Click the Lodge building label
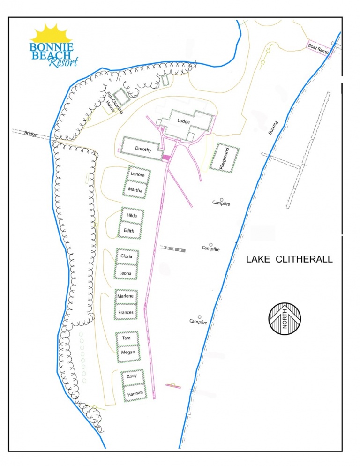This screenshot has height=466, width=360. (x=184, y=121)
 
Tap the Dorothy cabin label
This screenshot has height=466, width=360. (x=143, y=149)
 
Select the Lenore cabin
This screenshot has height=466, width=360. (x=137, y=174)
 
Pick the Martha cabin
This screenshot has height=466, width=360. (x=135, y=190)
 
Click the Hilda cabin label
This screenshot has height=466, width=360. (x=132, y=215)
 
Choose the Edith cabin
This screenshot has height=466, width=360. (x=129, y=231)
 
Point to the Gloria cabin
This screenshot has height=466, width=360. (x=127, y=256)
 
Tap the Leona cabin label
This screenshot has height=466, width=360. (x=125, y=273)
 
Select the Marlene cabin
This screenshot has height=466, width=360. (x=125, y=296)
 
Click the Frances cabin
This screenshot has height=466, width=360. (x=126, y=312)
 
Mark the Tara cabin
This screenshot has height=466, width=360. (x=127, y=338)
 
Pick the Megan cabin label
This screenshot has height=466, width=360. (x=128, y=353)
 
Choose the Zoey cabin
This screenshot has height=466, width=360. (x=131, y=376)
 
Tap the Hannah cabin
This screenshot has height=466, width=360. (x=135, y=393)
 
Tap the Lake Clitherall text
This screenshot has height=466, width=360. (x=290, y=259)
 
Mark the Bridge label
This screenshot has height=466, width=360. (x=31, y=134)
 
